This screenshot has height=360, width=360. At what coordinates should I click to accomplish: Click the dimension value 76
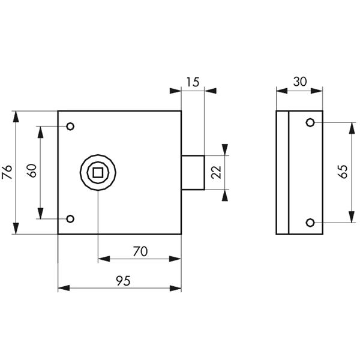pyautogui.click(x=7, y=172)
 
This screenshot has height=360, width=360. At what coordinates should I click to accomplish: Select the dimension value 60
pyautogui.click(x=32, y=170)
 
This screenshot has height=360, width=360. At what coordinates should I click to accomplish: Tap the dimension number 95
pyautogui.click(x=123, y=281)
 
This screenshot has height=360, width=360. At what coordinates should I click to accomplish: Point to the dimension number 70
pyautogui.click(x=140, y=251)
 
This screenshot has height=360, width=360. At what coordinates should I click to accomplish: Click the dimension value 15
pyautogui.click(x=193, y=82)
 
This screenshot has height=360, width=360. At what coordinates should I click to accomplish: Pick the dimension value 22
pyautogui.click(x=216, y=172)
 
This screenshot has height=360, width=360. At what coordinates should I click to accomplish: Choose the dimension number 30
pyautogui.click(x=299, y=82)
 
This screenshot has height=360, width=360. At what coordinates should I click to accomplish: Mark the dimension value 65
pyautogui.click(x=343, y=172)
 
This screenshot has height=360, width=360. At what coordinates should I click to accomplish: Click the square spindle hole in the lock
pyautogui.click(x=98, y=172)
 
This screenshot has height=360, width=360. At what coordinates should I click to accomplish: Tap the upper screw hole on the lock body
pyautogui.click(x=70, y=126)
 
